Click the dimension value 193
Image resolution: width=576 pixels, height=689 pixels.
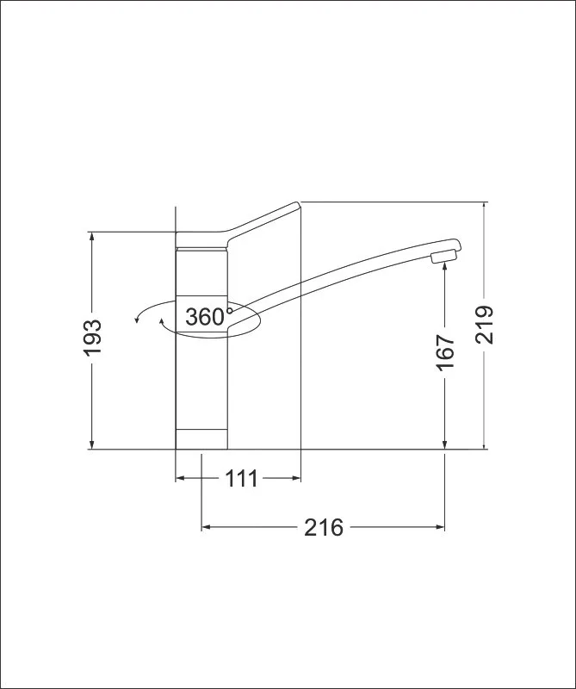coord(92,337)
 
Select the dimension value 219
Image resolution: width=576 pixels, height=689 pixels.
coord(485,325)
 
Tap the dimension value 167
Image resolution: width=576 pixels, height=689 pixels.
coord(445,352)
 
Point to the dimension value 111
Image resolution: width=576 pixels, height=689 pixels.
coord(241,479)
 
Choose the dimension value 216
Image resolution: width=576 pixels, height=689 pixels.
coord(324,527)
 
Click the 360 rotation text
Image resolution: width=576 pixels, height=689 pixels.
coord(205,317)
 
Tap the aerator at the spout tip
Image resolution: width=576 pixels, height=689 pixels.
coord(444,256)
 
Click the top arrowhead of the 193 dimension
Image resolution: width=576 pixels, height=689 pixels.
coord(92,235)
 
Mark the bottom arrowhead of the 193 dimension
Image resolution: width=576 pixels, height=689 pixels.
coord(92,445)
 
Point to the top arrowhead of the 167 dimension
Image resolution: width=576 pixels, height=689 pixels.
coord(445,265)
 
